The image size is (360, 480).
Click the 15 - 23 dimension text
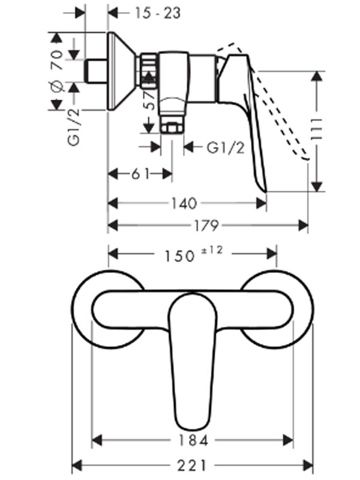[x=158, y=13]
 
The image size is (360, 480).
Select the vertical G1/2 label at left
[x=74, y=127]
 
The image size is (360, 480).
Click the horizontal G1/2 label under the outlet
[x=226, y=148]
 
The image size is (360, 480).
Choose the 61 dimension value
[x=140, y=174]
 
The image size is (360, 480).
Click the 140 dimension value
[x=184, y=203]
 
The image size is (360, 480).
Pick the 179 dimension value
[x=206, y=226]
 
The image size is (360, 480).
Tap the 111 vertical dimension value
[x=317, y=129]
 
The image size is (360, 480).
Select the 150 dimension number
[x=179, y=256]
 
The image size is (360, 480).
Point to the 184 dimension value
[x=193, y=441]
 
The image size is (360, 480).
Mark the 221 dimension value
[x=192, y=466]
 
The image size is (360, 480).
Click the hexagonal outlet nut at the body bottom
[x=172, y=127]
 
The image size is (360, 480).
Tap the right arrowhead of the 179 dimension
[x=303, y=226]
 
